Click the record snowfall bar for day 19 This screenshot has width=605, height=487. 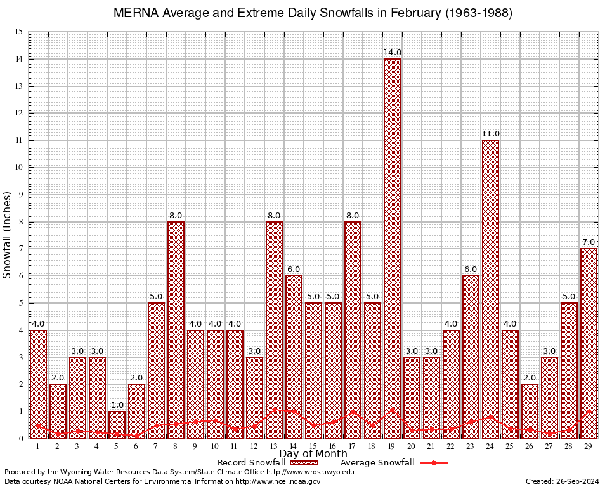tap(392, 247)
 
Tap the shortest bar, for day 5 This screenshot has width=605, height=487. tap(117, 424)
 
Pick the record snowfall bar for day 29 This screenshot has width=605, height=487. tap(589, 342)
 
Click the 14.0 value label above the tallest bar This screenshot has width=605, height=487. tap(392, 52)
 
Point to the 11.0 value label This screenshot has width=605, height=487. tap(490, 133)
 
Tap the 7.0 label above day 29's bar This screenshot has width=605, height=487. tap(589, 242)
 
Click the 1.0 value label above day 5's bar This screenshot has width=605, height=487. tap(117, 405)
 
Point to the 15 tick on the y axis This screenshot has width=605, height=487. tap(18, 32)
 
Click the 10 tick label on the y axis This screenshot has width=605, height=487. tap(18, 167)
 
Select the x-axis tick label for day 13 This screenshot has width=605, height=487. tap(274, 446)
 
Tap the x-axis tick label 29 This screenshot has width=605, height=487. tap(589, 446)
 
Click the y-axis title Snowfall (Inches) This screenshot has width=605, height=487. tap(8, 235)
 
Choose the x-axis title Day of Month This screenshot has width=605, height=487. tap(313, 453)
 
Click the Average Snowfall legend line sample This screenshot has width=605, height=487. tap(434, 463)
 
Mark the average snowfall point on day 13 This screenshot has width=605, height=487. tap(274, 410)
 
